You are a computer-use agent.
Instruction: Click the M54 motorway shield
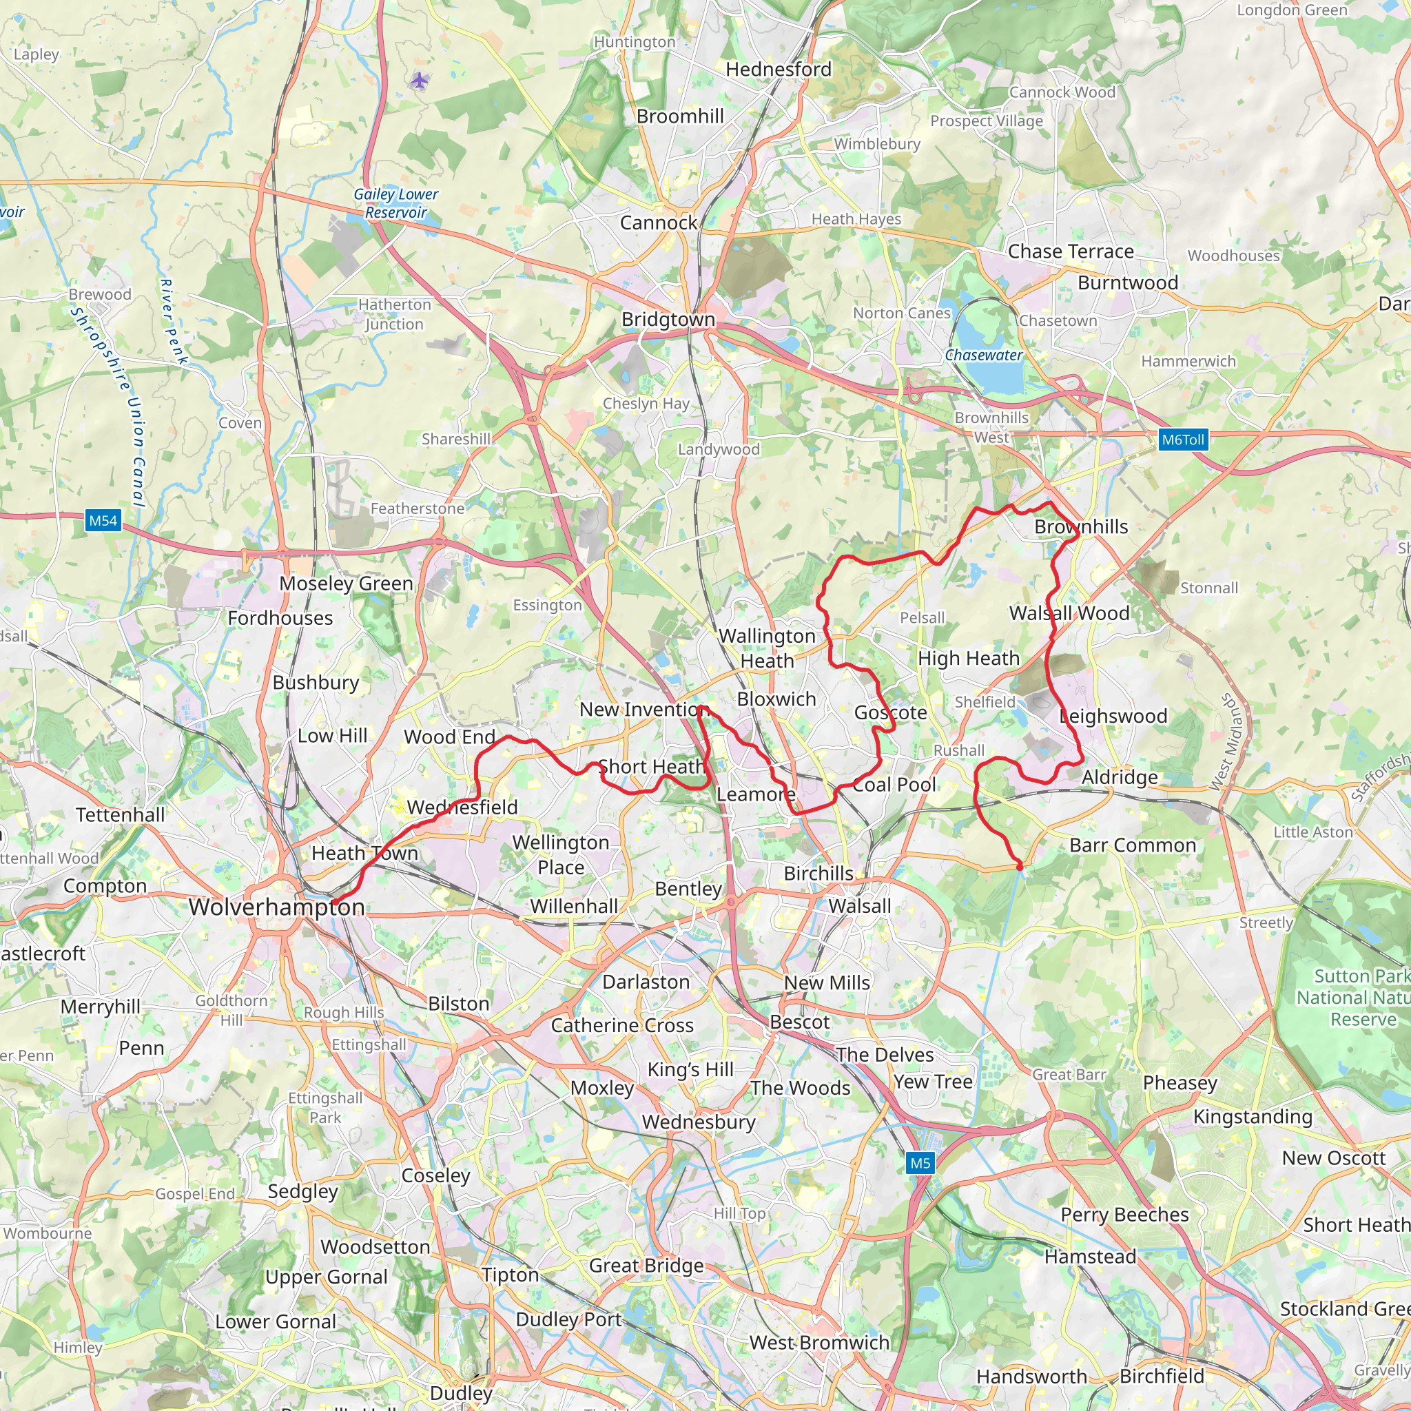[x=103, y=521]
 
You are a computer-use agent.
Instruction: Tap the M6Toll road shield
[x=1182, y=440]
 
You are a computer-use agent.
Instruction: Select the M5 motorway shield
[x=920, y=1163]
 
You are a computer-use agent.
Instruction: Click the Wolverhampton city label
[x=276, y=907]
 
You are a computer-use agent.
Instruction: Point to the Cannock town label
[x=658, y=223]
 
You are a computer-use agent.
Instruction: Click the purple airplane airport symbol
[x=418, y=81]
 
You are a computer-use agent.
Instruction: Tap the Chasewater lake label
[x=984, y=355]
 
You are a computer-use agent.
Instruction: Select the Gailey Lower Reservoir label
[x=396, y=203]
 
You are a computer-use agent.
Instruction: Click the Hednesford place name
[x=779, y=70]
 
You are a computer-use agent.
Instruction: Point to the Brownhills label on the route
[x=1081, y=526]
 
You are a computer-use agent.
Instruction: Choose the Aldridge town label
[x=1120, y=777]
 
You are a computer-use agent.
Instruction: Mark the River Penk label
[x=174, y=321]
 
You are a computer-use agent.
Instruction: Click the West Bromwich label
[x=819, y=1342]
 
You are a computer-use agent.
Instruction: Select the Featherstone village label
[x=417, y=508]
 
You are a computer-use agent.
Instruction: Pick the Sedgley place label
[x=302, y=1191]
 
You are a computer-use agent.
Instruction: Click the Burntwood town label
[x=1128, y=282]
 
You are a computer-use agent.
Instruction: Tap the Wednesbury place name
[x=698, y=1122]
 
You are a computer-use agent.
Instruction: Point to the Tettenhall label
[x=121, y=815]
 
